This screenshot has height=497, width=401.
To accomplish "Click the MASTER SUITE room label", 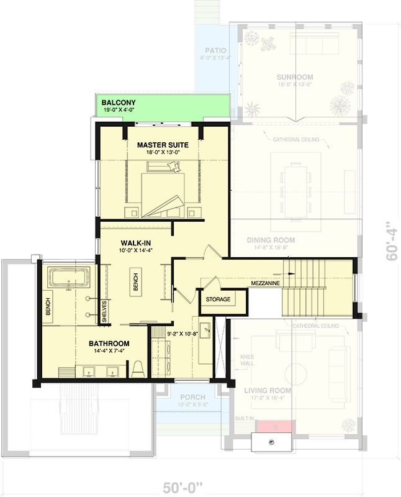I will tap(163, 145).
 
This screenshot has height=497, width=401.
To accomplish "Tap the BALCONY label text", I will tap(119, 103).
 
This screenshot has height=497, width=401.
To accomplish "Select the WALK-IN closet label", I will tap(136, 242).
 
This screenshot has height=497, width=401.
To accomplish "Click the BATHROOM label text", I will tap(109, 344).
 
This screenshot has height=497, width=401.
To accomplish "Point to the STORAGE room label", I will tap(218, 299).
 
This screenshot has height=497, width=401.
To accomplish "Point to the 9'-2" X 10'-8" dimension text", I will tap(182, 334).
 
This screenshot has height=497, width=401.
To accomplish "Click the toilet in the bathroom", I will tap(138, 368).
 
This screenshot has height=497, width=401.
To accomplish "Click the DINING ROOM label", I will tap(270, 240).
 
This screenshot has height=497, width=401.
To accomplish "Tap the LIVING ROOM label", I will tap(268, 391).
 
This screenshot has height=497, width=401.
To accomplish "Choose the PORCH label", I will tap(192, 398).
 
